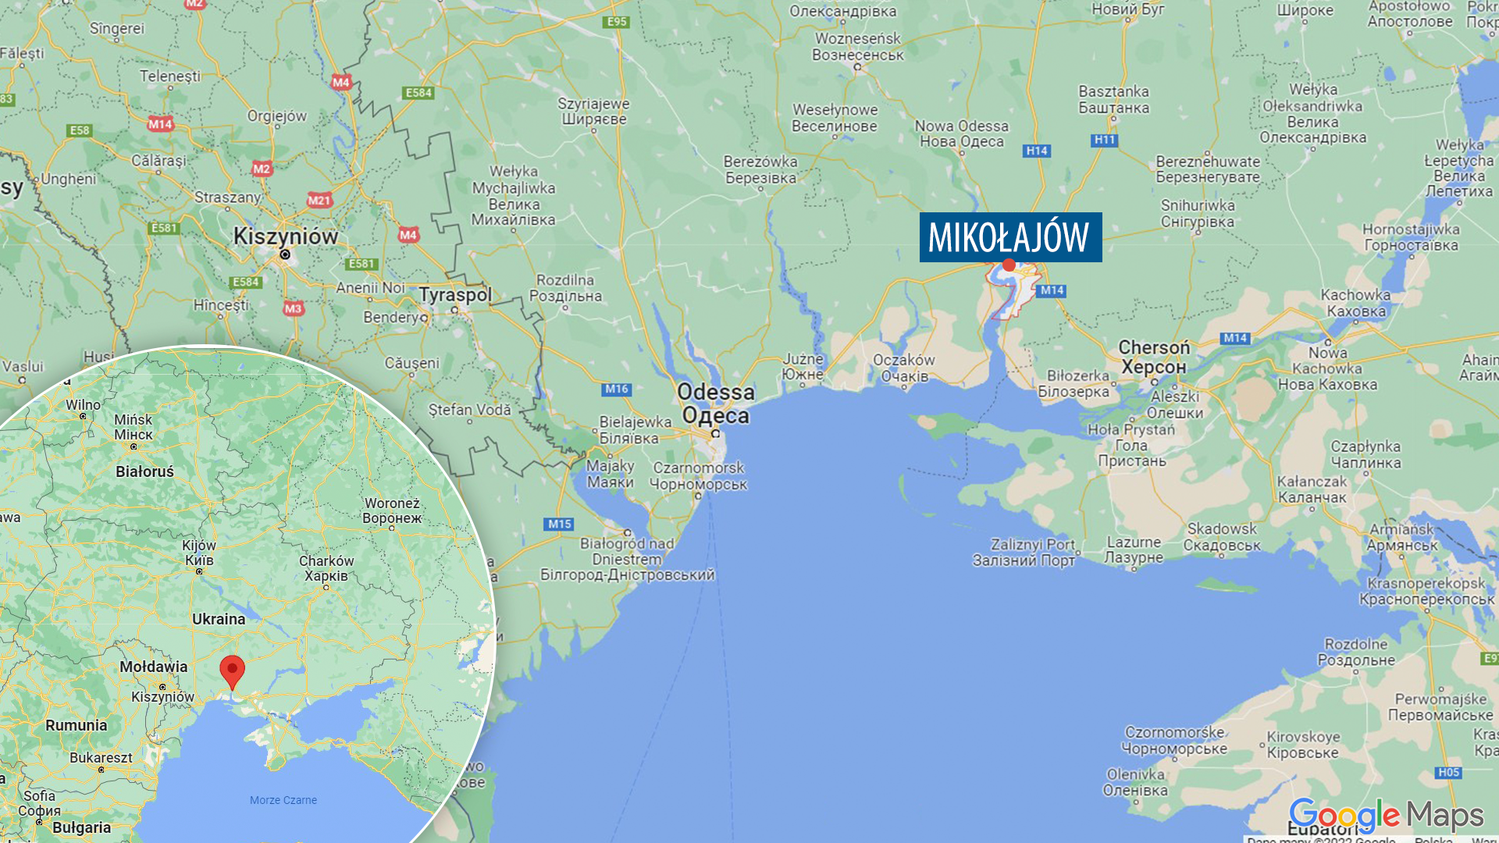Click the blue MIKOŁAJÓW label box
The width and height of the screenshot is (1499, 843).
pyautogui.click(x=1010, y=237)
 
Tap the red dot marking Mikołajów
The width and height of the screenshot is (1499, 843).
pyautogui.click(x=1009, y=265)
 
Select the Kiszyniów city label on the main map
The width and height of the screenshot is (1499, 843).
pyautogui.click(x=286, y=237)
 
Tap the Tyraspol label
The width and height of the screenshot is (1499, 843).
pyautogui.click(x=455, y=295)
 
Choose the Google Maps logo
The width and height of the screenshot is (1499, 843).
pyautogui.click(x=1386, y=816)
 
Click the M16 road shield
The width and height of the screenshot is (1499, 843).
pyautogui.click(x=617, y=389)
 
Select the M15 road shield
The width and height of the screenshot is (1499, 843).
pyautogui.click(x=560, y=524)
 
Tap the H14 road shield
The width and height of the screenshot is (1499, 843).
pyautogui.click(x=1037, y=151)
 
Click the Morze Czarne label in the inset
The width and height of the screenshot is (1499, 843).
pyautogui.click(x=283, y=800)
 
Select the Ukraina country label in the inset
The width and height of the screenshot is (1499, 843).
pyautogui.click(x=219, y=619)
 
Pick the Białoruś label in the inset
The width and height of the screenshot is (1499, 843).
pyautogui.click(x=144, y=471)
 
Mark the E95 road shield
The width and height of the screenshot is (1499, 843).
pyautogui.click(x=617, y=22)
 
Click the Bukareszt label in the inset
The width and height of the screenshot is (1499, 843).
pyautogui.click(x=101, y=758)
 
